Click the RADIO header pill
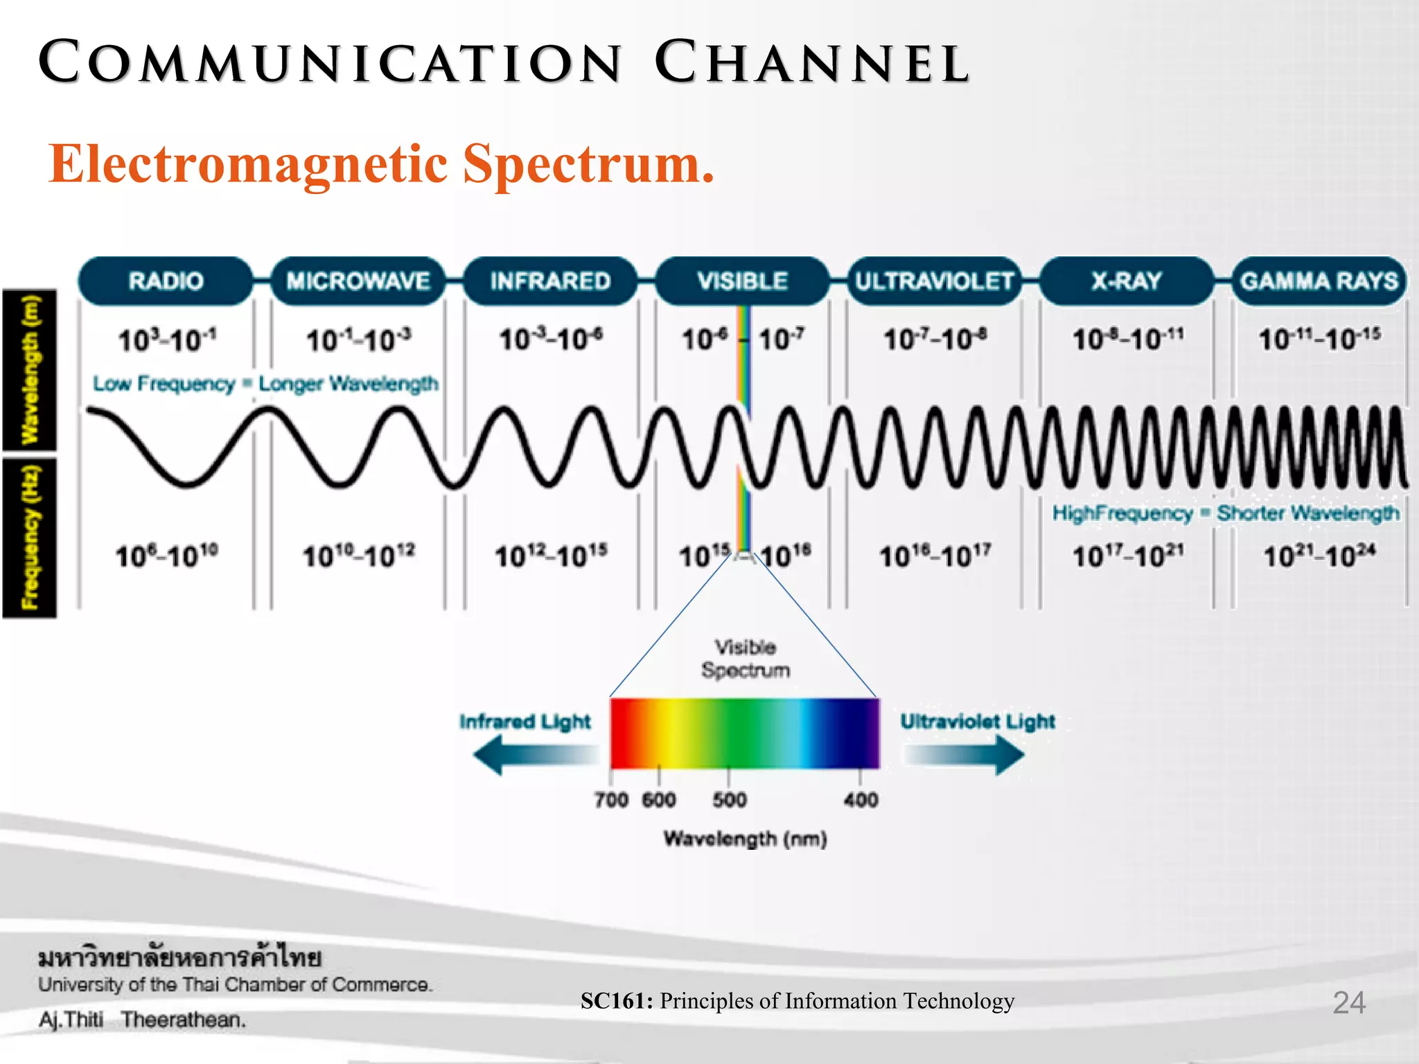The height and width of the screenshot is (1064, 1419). pyautogui.click(x=166, y=281)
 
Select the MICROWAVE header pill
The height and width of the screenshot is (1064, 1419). pyautogui.click(x=358, y=281)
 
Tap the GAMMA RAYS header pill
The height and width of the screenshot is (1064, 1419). pyautogui.click(x=1319, y=281)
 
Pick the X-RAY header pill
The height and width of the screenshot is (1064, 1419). pyautogui.click(x=1127, y=281)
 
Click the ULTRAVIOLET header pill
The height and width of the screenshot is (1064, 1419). pyautogui.click(x=934, y=281)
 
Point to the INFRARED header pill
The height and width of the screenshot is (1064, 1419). pyautogui.click(x=550, y=281)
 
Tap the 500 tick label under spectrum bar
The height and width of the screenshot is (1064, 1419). pyautogui.click(x=730, y=800)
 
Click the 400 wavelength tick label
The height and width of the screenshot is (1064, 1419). pyautogui.click(x=861, y=800)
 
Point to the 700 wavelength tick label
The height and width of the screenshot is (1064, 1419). pyautogui.click(x=611, y=800)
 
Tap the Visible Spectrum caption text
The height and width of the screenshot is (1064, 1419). pyautogui.click(x=746, y=659)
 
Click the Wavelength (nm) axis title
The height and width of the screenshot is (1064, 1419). pyautogui.click(x=746, y=839)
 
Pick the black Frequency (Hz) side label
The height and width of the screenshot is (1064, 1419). pyautogui.click(x=30, y=537)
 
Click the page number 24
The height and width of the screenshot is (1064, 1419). pyautogui.click(x=1348, y=1002)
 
